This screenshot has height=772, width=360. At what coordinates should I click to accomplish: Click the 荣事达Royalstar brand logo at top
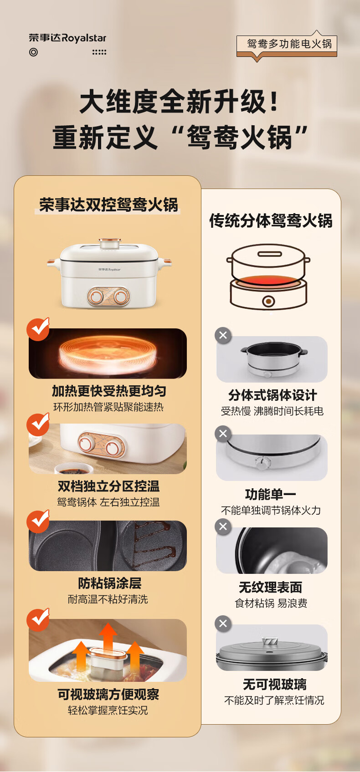[67, 38]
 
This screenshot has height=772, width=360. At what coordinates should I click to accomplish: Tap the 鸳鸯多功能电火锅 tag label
[289, 44]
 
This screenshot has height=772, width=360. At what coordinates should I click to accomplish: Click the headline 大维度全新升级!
[180, 102]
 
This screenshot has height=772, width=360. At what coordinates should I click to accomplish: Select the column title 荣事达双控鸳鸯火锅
[108, 205]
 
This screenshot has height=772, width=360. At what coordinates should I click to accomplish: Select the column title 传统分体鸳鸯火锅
[271, 221]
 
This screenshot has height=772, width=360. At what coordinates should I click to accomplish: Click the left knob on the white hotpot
[96, 297]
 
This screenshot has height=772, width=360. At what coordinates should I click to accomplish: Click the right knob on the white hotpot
[121, 297]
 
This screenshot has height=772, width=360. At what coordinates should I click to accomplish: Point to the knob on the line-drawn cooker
[269, 301]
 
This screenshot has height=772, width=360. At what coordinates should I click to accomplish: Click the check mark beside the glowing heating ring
[38, 329]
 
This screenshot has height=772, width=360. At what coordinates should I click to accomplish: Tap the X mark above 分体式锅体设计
[223, 336]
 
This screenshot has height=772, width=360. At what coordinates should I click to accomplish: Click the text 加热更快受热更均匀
[108, 391]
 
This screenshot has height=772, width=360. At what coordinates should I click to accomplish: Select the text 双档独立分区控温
[108, 486]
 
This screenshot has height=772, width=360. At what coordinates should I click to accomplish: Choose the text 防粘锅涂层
[109, 583]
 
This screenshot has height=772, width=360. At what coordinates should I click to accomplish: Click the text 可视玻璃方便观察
[108, 695]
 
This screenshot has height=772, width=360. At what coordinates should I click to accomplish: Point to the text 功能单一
[271, 494]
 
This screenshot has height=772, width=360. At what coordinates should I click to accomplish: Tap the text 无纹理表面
[271, 588]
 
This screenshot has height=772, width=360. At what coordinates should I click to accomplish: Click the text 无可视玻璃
[274, 685]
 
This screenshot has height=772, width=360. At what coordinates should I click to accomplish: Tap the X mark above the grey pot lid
[223, 624]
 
